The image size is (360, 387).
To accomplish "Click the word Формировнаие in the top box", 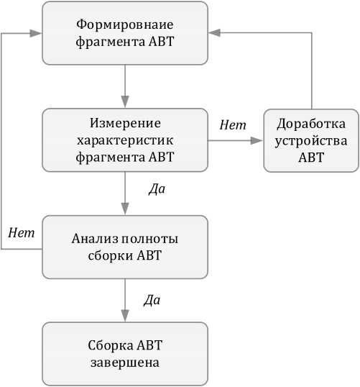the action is coord(125,25).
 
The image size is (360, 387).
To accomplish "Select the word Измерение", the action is coord(125,123).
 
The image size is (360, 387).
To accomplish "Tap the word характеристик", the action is coord(125,141).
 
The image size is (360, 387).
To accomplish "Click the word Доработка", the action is coord(311,124).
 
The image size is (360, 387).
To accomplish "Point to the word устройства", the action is coord(311,141).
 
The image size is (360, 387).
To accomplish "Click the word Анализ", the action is coord(95,239).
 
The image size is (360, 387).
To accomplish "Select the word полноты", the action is coord(150,239).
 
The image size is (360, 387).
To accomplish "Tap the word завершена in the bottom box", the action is coord(125,363).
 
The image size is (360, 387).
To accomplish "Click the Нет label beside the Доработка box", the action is coord(233,124).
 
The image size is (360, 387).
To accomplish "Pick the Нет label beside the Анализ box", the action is coord(22,233).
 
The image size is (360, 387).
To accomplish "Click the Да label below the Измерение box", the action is coord(157,189).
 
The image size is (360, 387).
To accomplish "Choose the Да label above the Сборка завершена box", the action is coord(152,300).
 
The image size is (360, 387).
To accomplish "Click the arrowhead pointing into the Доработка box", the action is coord(257,141).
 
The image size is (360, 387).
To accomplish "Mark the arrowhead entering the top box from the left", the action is coord(35,33).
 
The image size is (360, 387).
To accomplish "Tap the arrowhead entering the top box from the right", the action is coord(214,32).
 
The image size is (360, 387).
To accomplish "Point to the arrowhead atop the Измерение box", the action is coord(125,102).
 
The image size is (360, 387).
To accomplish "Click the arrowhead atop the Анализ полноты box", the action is coord(125,209).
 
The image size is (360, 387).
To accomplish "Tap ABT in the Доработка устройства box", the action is coord(311,158).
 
